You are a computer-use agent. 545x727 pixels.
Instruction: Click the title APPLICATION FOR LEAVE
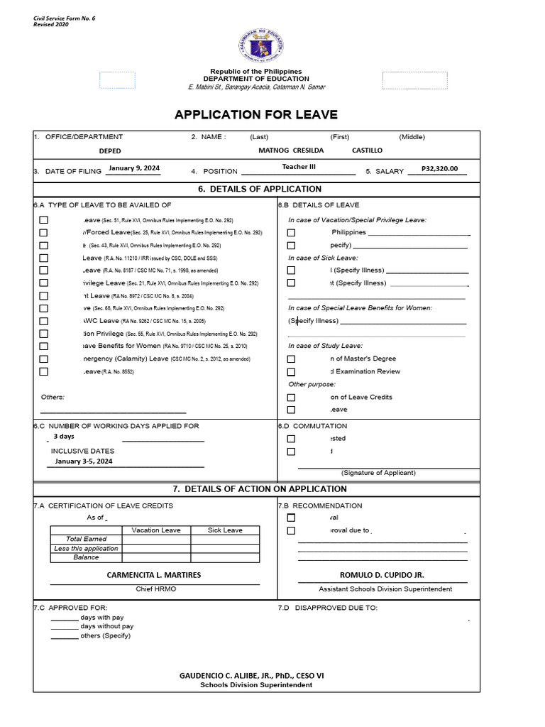point(256,115)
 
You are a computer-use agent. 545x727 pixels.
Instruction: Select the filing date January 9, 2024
point(134,168)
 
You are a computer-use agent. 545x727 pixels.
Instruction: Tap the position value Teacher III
point(299,167)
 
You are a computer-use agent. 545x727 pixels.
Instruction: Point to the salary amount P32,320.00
point(439,169)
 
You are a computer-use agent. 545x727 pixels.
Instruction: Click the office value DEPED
point(110,151)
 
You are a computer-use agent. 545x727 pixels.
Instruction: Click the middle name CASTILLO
point(367,151)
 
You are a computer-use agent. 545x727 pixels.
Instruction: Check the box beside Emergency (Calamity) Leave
point(44,359)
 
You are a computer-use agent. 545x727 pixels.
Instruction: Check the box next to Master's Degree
point(291,359)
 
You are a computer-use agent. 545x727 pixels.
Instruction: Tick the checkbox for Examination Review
point(291,372)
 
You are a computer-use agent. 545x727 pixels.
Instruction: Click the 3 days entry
point(64,437)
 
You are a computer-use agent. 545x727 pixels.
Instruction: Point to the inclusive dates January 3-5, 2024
point(83,461)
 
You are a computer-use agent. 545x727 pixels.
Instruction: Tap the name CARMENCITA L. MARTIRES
point(154,575)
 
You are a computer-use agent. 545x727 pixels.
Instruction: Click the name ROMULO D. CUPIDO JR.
point(382,575)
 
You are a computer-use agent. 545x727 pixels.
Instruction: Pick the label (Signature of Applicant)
point(378,473)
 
